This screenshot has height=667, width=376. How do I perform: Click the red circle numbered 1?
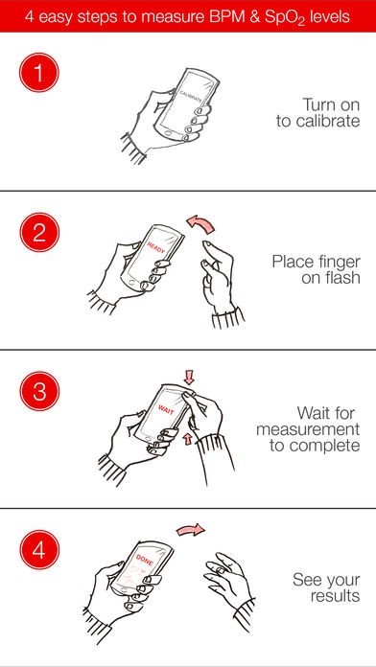tap(38, 73)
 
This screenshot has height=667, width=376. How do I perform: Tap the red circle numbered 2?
tap(38, 232)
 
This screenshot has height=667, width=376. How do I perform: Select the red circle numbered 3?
tap(38, 391)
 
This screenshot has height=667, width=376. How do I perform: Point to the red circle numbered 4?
tap(38, 549)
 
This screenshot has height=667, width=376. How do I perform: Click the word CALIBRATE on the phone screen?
tap(191, 96)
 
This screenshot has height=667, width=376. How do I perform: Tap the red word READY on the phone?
tap(155, 248)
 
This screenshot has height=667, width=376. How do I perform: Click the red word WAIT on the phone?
tap(167, 409)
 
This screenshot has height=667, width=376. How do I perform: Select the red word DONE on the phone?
tap(145, 561)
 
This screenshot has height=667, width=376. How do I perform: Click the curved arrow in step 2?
tap(200, 223)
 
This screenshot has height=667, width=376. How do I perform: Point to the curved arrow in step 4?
tap(190, 530)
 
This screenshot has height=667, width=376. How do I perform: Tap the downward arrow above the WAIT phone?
tap(189, 377)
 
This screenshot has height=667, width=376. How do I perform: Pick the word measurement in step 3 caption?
tap(308, 429)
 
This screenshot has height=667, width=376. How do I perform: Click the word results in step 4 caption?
tap(335, 595)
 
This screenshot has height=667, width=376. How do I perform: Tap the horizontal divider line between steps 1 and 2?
tap(188, 191)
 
